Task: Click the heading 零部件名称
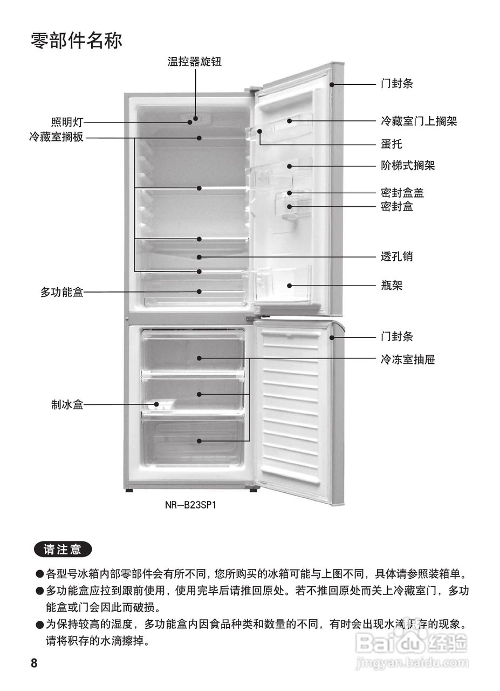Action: pos(77,40)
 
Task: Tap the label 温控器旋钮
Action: pos(195,62)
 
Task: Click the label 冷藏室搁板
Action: pos(57,137)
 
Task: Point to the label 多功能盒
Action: pos(62,293)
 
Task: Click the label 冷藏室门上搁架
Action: pos(419,121)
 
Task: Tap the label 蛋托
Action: pos(391,144)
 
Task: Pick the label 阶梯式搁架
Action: pos(407,166)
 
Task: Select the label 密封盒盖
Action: pos(402,193)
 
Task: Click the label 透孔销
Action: pos(396,256)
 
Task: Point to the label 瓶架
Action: pos(391,286)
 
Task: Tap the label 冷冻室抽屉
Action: pos(407,359)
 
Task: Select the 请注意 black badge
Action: pos(63,550)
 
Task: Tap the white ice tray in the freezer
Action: pos(161,405)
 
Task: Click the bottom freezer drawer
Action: pos(193,442)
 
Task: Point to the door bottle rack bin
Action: pos(283,285)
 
